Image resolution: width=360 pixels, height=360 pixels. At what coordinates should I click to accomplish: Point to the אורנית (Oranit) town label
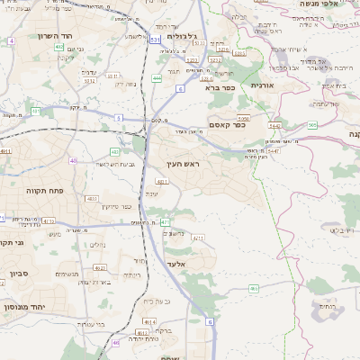[260, 85]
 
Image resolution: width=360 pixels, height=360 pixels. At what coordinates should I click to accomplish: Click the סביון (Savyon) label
[20, 273]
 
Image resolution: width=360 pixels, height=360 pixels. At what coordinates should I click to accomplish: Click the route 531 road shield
[155, 40]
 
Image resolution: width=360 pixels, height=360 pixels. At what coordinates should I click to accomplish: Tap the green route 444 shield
[157, 78]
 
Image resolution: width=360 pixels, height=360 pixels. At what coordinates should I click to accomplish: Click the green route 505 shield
[311, 125]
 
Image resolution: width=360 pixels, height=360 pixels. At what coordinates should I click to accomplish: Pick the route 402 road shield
[58, 47]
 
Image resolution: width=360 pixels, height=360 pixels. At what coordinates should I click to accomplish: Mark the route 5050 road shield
[242, 118]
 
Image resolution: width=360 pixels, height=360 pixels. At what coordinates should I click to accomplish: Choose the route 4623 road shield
[101, 267]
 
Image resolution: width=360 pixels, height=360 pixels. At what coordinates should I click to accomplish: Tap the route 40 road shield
[73, 161]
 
